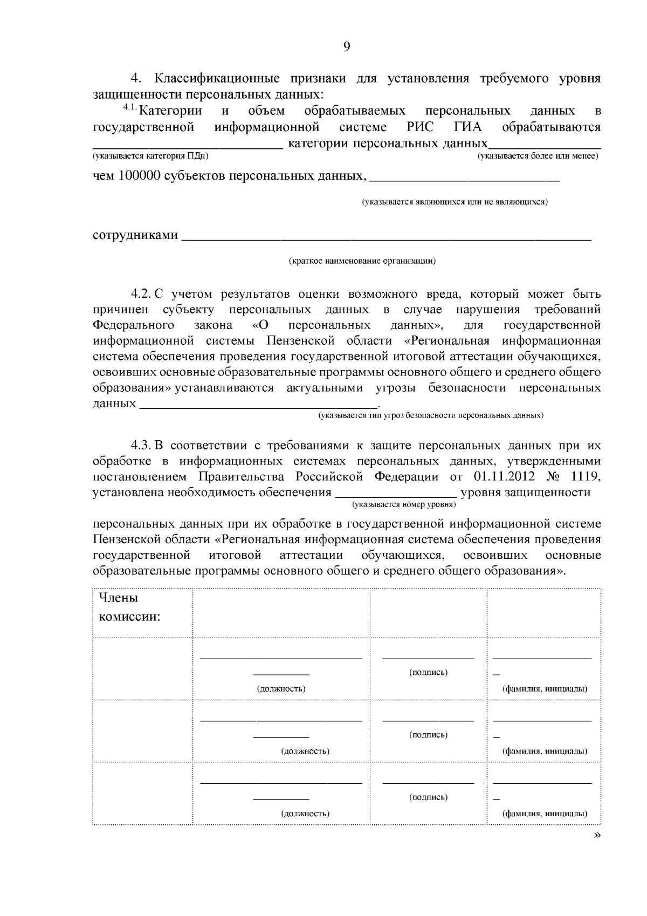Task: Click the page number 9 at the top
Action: [347, 47]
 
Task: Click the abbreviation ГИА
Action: [465, 127]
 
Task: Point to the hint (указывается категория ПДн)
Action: [150, 156]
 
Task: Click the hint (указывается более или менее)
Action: [538, 156]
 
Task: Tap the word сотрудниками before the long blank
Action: [135, 236]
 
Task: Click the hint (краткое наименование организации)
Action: [362, 261]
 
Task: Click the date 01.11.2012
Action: [504, 477]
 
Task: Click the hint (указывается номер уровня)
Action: [404, 504]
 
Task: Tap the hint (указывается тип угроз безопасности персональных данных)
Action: [431, 415]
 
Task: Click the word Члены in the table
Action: [118, 598]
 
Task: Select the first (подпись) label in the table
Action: [428, 672]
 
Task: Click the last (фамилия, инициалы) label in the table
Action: [545, 814]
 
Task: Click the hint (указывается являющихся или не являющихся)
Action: [455, 202]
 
